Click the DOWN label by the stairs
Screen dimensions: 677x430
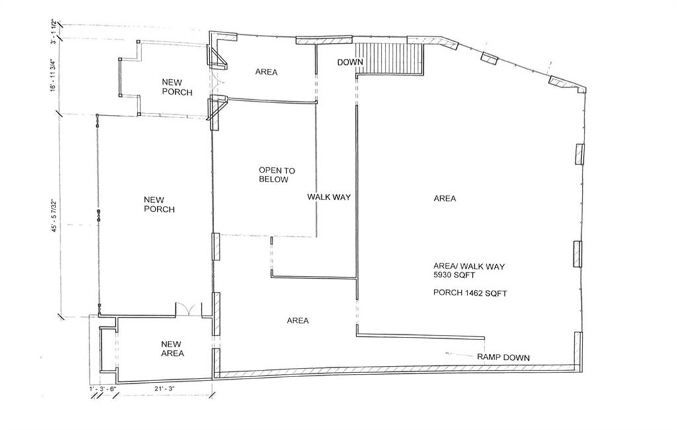[x=350, y=63]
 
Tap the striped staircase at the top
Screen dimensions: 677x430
[x=389, y=59]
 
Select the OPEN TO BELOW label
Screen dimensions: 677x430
[x=277, y=175]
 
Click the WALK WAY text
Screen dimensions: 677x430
[x=329, y=197]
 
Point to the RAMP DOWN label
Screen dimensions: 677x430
[x=503, y=357]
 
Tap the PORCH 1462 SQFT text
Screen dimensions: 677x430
[x=470, y=293]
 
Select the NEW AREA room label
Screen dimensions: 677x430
[x=173, y=349]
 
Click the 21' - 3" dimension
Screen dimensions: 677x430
[x=165, y=388]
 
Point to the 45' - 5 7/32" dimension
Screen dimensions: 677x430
[x=54, y=215]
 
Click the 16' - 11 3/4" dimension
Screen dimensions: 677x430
[x=54, y=75]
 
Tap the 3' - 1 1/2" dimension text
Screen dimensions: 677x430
[x=54, y=31]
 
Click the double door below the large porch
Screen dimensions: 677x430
[x=188, y=309]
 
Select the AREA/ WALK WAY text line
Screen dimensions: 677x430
[x=469, y=267]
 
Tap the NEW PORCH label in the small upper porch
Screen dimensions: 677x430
[x=177, y=87]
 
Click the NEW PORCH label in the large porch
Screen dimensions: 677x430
[x=159, y=205]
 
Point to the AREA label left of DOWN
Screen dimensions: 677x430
[x=266, y=72]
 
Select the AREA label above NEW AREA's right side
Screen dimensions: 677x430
[x=298, y=320]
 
